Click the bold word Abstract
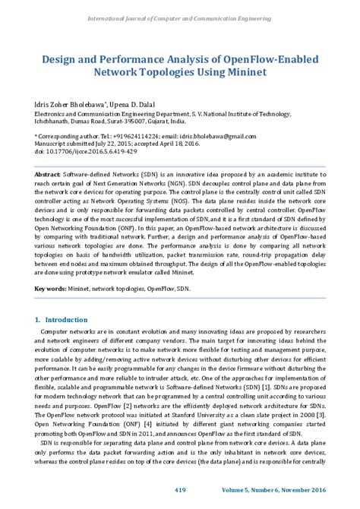pyautogui.click(x=48, y=175)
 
